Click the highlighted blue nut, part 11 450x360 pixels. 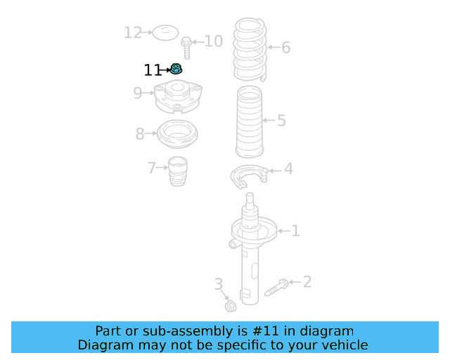tap(176, 69)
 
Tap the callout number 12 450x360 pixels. tap(132, 32)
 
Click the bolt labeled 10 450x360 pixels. tap(186, 49)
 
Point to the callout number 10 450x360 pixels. tap(213, 41)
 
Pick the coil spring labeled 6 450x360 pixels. tap(250, 50)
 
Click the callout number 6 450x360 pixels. tap(285, 48)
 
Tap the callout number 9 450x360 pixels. tap(138, 93)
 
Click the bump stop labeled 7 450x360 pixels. tap(178, 172)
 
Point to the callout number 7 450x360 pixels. tap(151, 168)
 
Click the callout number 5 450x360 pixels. tap(281, 121)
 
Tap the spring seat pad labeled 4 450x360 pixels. tap(249, 176)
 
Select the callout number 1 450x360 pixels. tap(296, 231)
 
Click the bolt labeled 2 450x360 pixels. tap(276, 287)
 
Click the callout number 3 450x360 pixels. tap(218, 284)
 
